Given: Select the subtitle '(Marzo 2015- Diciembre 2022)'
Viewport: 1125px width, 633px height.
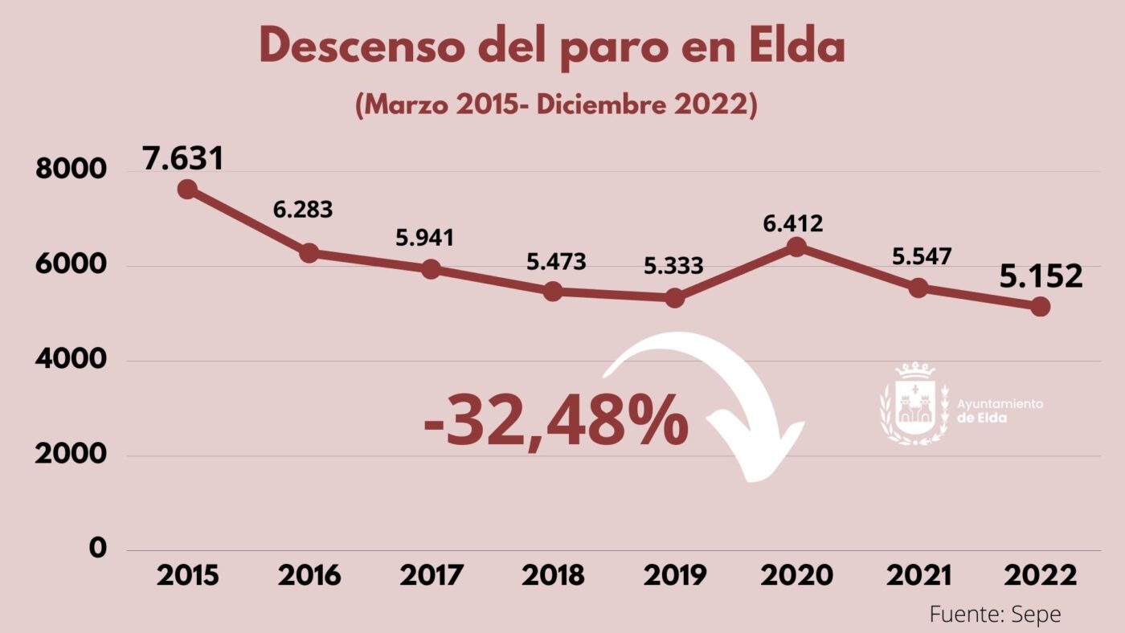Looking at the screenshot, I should tap(556, 106).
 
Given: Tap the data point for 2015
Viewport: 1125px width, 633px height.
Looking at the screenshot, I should tap(187, 190).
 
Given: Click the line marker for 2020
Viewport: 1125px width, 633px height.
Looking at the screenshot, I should tap(796, 247).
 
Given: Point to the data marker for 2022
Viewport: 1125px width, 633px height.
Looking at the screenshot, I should tap(1041, 307).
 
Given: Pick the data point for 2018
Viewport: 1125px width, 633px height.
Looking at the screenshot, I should tap(553, 292).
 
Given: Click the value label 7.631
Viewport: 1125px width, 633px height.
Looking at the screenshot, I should tap(183, 158).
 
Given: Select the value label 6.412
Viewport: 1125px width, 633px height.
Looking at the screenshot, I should tap(794, 223).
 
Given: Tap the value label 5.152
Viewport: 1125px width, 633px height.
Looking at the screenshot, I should tap(1041, 277).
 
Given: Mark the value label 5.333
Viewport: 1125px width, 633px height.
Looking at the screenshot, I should tap(673, 265).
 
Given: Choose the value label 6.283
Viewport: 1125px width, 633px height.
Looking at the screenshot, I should tap(303, 210).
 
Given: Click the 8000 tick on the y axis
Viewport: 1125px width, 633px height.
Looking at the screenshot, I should tap(71, 170).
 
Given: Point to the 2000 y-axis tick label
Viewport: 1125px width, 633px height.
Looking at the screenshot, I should tap(71, 454).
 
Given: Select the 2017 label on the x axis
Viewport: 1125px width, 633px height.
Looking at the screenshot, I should tap(432, 576).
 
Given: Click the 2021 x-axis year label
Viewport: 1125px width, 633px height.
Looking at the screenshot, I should tap(918, 576).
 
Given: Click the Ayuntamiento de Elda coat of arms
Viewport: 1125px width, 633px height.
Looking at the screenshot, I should tap(914, 404).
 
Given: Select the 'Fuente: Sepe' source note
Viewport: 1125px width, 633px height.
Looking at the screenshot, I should tap(995, 615).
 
